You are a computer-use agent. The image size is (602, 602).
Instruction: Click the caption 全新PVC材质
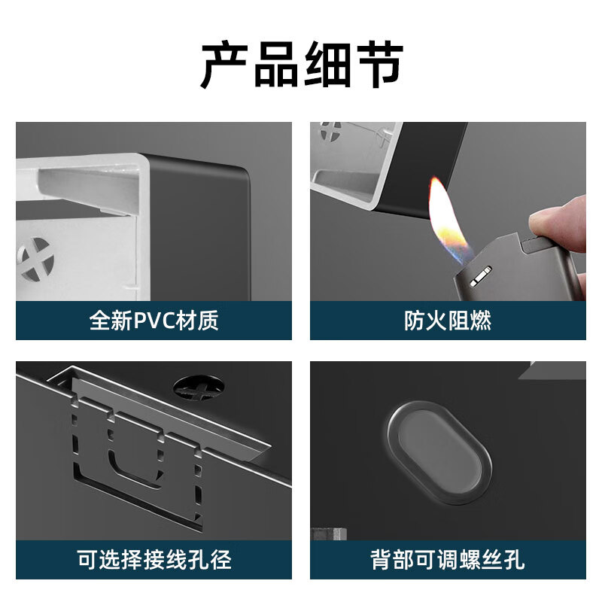154,321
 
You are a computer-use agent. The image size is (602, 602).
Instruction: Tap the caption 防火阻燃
448,321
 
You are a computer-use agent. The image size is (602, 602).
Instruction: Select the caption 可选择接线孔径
154,559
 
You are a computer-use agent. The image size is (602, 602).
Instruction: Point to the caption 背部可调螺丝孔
448,559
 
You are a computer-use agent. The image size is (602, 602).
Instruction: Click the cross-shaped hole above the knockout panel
198,387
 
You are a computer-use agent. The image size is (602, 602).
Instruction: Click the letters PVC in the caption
154,321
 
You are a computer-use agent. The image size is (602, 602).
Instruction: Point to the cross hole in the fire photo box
330,131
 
